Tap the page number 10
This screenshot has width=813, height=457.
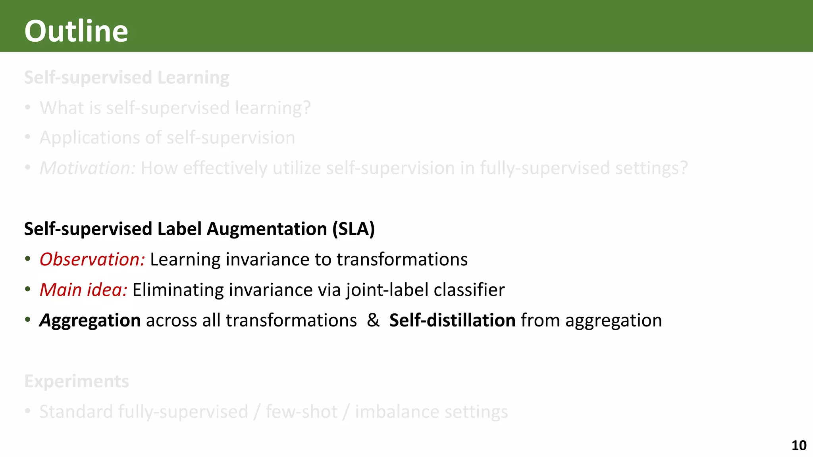point(799,445)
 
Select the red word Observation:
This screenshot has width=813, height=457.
point(92,259)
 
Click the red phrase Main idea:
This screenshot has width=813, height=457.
point(83,290)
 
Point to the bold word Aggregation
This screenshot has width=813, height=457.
point(90,321)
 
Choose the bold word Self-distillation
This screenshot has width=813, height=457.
point(452,320)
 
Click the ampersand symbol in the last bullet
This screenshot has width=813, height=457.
point(373,320)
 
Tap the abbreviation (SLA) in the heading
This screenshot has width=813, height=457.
point(353,229)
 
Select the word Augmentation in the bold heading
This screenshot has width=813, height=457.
point(267,229)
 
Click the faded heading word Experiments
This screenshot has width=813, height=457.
point(77,381)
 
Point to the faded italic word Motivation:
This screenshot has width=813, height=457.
point(88,168)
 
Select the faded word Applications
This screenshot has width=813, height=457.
point(90,138)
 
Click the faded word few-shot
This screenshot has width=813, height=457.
point(302,412)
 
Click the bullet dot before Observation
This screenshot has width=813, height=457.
point(27,259)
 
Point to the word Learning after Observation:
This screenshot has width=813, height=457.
point(185,259)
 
